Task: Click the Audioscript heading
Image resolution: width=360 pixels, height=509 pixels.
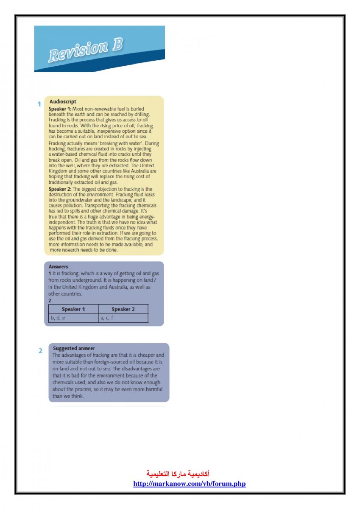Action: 63,102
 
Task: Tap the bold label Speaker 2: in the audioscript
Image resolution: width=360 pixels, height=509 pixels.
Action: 60,189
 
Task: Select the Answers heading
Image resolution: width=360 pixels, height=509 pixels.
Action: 58,267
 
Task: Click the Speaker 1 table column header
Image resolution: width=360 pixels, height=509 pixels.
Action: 73,309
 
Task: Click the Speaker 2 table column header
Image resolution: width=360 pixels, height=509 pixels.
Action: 123,309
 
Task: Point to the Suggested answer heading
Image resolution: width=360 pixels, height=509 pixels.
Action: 74,348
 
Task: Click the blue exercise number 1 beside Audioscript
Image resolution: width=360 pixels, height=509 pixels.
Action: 39,104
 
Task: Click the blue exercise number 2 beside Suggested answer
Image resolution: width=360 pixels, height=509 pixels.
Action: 41,351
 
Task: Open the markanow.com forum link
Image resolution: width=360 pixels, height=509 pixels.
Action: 190,484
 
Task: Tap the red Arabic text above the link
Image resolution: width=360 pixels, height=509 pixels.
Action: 178,473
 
